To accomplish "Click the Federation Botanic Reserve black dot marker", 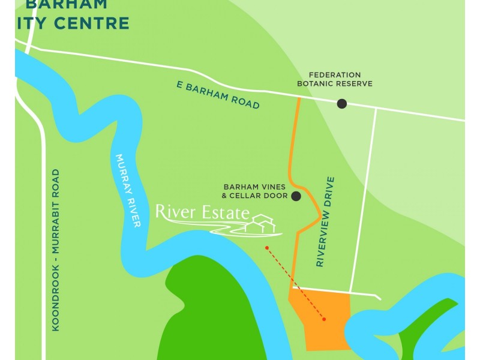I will click(342, 104).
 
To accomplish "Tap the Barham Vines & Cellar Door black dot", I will click(296, 196).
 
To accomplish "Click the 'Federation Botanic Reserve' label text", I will click(335, 79).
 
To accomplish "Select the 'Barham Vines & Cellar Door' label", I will click(254, 191).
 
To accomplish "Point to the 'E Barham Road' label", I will click(218, 95).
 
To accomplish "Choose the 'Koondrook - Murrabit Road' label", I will click(56, 250).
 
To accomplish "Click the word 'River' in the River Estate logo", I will click(173, 212).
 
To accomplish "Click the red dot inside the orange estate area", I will click(324, 319).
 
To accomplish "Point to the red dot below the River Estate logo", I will click(267, 247).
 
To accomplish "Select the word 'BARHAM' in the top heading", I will click(67, 4).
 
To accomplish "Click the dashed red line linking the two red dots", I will click(295, 283).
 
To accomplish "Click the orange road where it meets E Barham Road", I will click(298, 98).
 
